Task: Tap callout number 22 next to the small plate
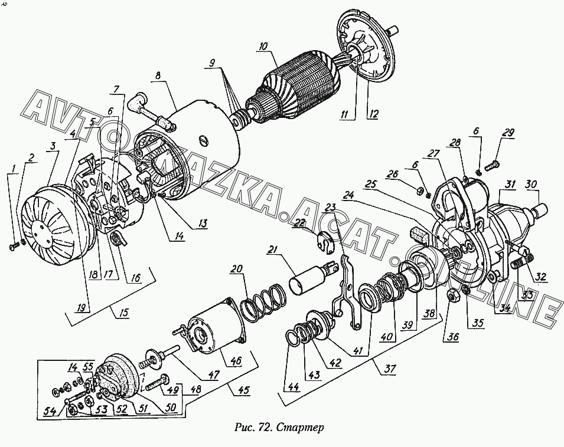(300, 224)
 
